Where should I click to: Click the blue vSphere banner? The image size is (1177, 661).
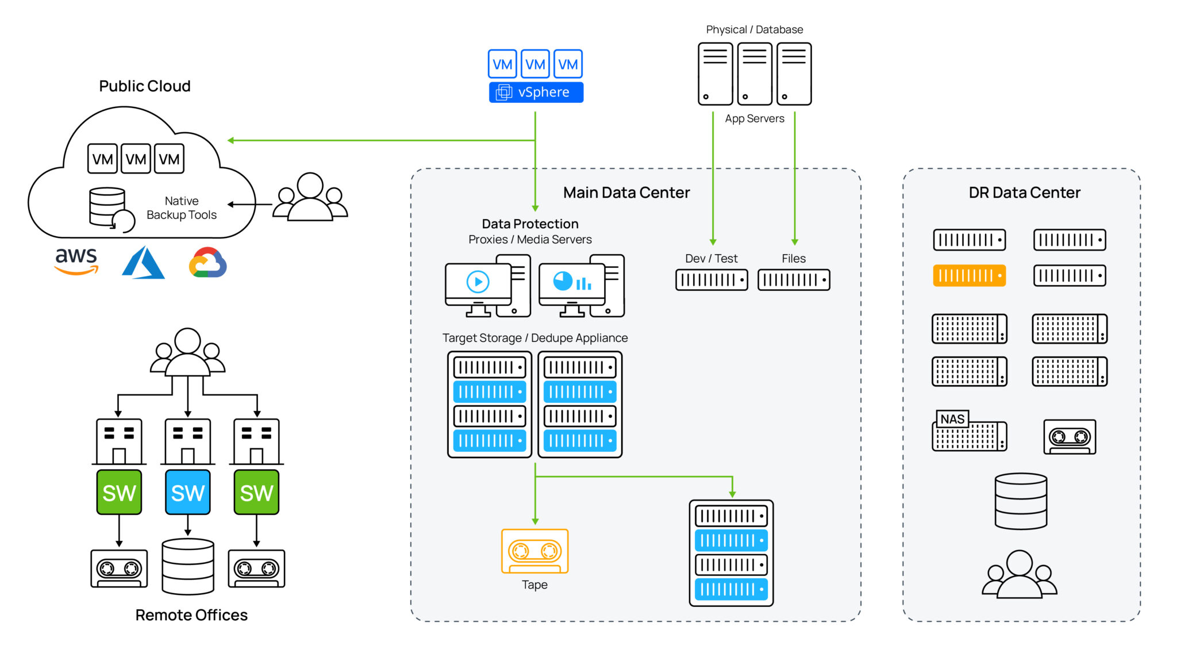(536, 92)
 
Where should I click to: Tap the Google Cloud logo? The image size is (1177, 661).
(207, 263)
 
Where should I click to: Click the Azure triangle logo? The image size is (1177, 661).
(143, 263)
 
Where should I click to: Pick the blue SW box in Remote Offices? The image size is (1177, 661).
(187, 492)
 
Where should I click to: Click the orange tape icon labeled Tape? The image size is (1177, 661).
(534, 551)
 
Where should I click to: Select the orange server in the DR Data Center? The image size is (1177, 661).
(969, 275)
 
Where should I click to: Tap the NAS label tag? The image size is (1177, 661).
(952, 419)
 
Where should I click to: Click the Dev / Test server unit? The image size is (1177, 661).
(711, 280)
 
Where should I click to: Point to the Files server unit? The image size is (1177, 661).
(794, 280)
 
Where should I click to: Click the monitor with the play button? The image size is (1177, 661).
(478, 283)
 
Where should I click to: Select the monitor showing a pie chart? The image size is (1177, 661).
(572, 283)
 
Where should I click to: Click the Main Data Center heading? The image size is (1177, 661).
(626, 193)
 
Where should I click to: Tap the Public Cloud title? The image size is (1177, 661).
(144, 86)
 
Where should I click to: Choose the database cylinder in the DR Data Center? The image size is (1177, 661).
(1021, 501)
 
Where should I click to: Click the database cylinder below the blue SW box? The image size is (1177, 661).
(187, 566)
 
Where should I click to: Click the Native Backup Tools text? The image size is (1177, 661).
(181, 207)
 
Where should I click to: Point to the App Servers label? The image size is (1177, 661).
(754, 118)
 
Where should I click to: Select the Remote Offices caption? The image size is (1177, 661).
(191, 615)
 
